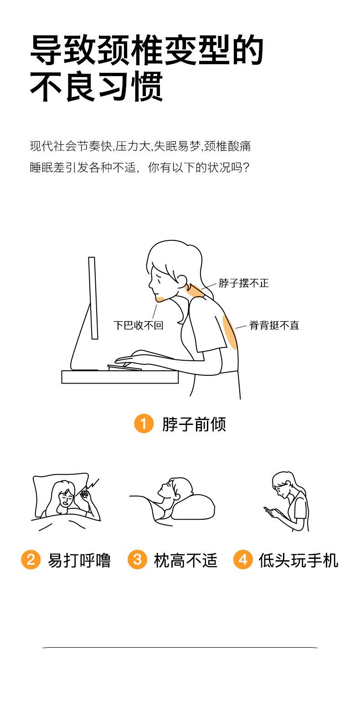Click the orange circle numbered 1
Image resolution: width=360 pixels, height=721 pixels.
pyautogui.click(x=144, y=424)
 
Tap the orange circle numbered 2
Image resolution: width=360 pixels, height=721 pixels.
pyautogui.click(x=31, y=559)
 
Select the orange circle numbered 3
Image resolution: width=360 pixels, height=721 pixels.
pyautogui.click(x=137, y=559)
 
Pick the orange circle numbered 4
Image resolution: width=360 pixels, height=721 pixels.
pyautogui.click(x=243, y=559)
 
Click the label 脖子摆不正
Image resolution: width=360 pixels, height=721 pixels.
pyautogui.click(x=244, y=283)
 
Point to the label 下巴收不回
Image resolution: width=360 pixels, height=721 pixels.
pyautogui.click(x=138, y=325)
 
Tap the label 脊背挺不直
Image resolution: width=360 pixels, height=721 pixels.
pyautogui.click(x=274, y=325)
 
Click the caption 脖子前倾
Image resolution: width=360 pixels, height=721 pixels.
pyautogui.click(x=194, y=424)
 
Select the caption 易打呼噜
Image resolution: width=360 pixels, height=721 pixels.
pyautogui.click(x=79, y=560)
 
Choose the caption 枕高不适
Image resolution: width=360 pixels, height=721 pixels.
pyautogui.click(x=185, y=560)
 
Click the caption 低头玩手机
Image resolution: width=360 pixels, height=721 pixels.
pyautogui.click(x=298, y=560)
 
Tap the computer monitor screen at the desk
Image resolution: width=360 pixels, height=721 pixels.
pyautogui.click(x=93, y=298)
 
